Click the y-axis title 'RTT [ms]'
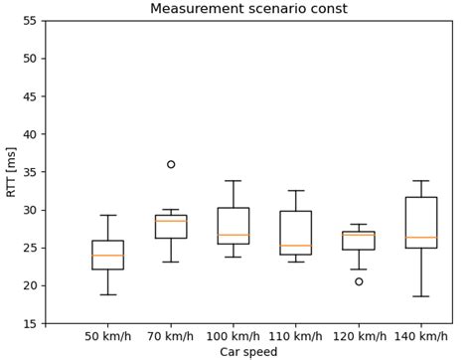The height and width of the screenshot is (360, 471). tap(11, 172)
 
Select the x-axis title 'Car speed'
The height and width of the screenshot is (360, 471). tap(248, 351)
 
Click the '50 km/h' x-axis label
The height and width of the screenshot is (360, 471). tap(107, 336)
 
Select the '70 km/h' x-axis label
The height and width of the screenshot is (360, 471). tap(171, 336)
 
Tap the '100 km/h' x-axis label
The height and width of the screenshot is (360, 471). tap(234, 336)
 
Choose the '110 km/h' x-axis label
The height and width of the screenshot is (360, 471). tap(296, 336)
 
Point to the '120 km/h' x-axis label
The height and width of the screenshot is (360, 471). tap(359, 336)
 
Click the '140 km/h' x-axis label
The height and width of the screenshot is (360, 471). tap(421, 336)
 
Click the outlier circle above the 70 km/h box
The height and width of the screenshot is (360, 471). tap(171, 164)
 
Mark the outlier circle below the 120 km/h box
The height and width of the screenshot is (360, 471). tap(359, 281)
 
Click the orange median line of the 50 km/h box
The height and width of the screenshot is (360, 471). tap(107, 256)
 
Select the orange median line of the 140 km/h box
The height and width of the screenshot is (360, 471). tap(421, 238)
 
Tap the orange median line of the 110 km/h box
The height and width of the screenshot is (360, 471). tap(296, 246)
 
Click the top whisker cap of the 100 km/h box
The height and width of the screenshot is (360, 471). tap(234, 181)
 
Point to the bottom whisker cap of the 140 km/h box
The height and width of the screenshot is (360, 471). tap(421, 296)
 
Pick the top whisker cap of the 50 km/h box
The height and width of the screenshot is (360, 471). tap(107, 215)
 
